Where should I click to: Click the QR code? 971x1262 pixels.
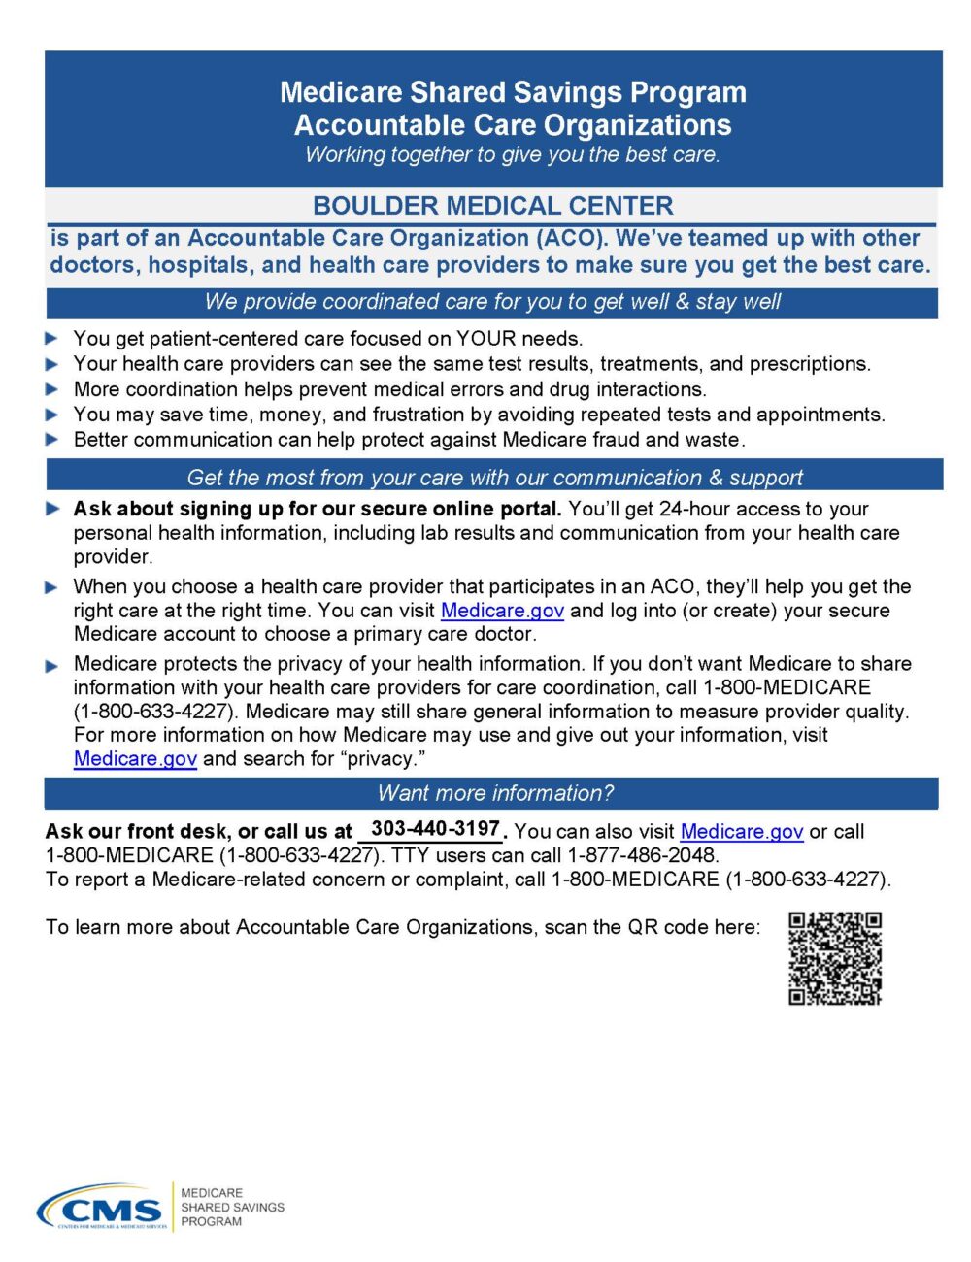tap(834, 957)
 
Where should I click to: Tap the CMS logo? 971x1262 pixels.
tap(101, 1209)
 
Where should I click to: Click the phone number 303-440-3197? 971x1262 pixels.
tap(435, 829)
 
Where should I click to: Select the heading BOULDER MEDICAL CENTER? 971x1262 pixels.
tap(492, 206)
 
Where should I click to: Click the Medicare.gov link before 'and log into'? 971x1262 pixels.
tap(502, 611)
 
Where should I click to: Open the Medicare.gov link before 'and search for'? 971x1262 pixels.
tap(135, 759)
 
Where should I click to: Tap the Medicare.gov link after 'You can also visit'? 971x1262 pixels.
tap(742, 832)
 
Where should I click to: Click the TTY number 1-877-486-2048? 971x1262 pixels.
tap(643, 855)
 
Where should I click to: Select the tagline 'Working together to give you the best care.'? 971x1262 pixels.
tap(512, 155)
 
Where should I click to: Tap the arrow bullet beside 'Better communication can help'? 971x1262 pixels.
tap(51, 439)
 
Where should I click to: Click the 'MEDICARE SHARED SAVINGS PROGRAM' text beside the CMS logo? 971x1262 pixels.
tap(232, 1207)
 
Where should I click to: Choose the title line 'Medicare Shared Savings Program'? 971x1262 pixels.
tap(513, 92)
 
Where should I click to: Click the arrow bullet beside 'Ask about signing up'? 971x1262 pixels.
tap(51, 508)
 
